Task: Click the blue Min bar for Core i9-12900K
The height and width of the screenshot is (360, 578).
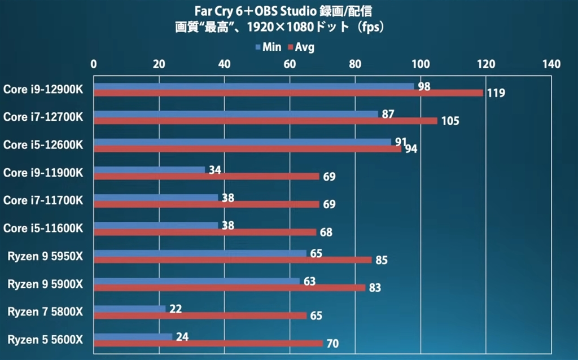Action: point(254,86)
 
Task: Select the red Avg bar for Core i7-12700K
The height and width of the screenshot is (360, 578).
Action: point(265,121)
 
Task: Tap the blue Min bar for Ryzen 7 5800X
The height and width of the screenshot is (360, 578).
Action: point(130,309)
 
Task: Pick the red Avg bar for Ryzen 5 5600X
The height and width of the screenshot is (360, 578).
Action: point(208,343)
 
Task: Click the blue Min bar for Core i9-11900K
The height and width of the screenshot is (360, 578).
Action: point(150,170)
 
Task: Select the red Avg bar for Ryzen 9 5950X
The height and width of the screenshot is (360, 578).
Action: point(233,260)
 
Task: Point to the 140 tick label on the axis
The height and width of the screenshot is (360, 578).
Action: point(551,64)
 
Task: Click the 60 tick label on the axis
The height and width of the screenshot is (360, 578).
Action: point(290,64)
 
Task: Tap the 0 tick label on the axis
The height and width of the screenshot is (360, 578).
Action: point(94,64)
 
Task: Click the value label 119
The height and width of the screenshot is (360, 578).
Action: point(496,93)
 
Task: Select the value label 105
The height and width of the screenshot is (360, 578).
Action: point(450,121)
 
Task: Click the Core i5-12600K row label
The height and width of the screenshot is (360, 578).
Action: point(43,145)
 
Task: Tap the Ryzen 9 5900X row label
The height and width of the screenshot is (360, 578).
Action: point(45,284)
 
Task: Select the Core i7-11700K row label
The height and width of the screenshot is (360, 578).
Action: point(43,200)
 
